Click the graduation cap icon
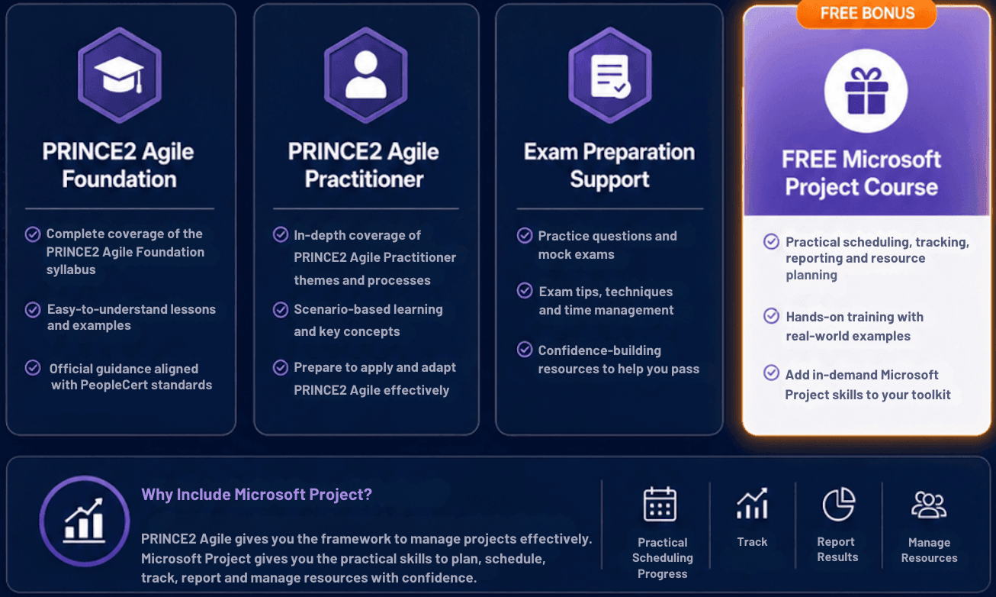[x=119, y=75]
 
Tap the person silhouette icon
[x=365, y=74]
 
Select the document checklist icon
[x=610, y=76]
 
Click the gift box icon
[x=866, y=91]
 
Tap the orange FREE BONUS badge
[x=866, y=13]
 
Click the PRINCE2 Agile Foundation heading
[x=118, y=165]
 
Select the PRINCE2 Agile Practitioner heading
[x=364, y=165]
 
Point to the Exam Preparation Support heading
[x=609, y=165]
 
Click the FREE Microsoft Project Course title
[x=861, y=173]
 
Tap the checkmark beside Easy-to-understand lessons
[x=33, y=309]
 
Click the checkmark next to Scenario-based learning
[x=280, y=309]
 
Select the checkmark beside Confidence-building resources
[x=525, y=350]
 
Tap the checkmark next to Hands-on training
[x=771, y=315]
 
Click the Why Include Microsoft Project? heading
[x=256, y=494]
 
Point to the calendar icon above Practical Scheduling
[x=660, y=504]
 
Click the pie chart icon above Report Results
[x=838, y=504]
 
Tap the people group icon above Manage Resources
[x=929, y=505]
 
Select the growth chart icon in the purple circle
[x=84, y=520]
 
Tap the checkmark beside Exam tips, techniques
[x=525, y=291]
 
